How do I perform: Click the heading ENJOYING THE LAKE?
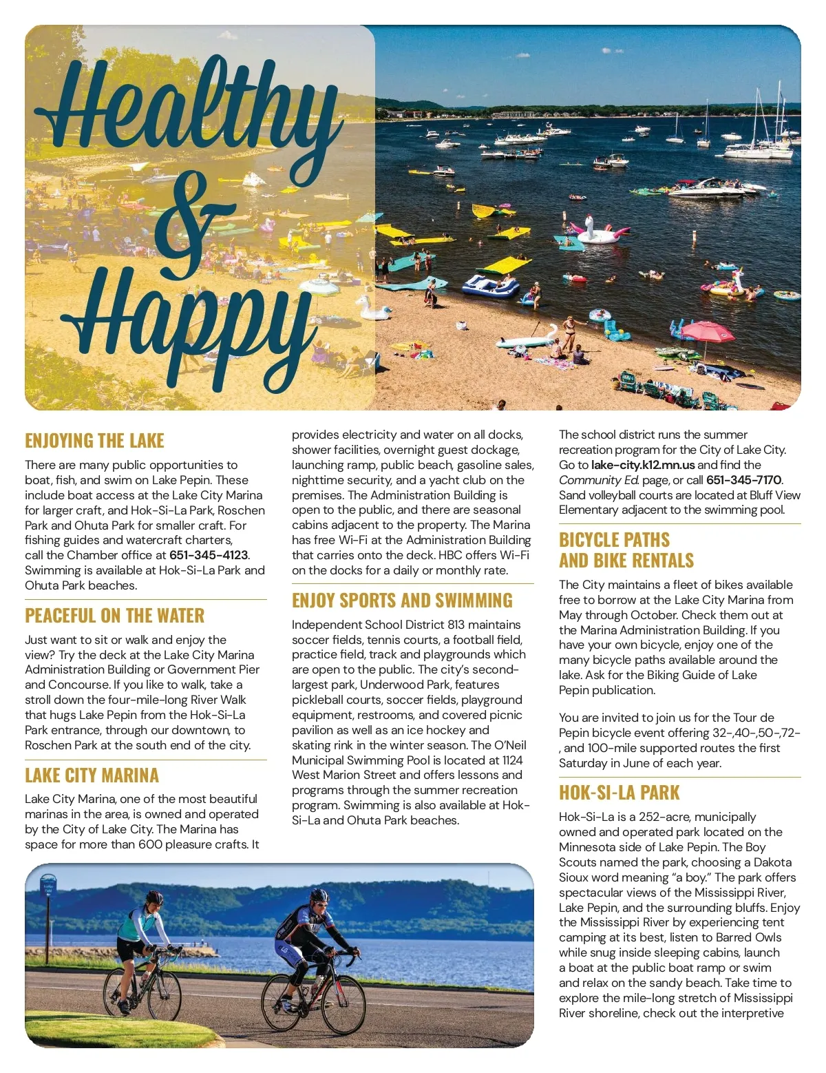(94, 441)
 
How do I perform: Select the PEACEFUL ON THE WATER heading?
(114, 616)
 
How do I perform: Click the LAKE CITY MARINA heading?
(92, 775)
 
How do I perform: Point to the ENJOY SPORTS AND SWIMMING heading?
(402, 601)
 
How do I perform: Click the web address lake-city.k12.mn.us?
(643, 465)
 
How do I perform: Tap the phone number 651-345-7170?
(743, 480)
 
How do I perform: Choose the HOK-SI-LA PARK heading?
(619, 793)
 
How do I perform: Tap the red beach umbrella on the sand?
(706, 332)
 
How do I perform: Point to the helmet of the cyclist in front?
(319, 896)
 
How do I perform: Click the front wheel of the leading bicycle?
(343, 1005)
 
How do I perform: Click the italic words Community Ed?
(599, 480)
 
